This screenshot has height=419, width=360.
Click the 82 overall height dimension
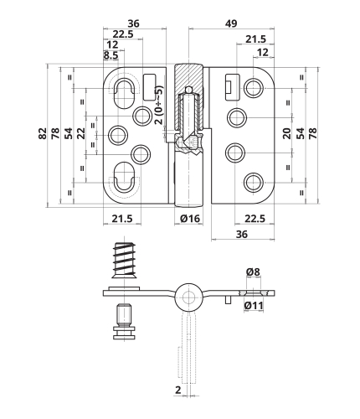coord(42,133)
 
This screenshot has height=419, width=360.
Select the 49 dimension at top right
coord(231,23)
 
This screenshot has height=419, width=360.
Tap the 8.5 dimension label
coord(111,55)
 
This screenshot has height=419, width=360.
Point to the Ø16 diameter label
coord(190,219)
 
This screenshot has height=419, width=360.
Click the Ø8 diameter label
coord(253,272)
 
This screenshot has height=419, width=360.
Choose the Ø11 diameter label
coord(254,305)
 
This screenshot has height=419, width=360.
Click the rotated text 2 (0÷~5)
coord(158,105)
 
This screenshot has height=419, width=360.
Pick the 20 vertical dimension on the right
coord(287,133)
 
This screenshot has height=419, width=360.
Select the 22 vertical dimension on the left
coord(81,133)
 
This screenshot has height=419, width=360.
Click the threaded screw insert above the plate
coord(124,260)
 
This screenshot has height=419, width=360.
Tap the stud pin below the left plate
coord(125,322)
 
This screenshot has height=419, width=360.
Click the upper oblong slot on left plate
coord(124,94)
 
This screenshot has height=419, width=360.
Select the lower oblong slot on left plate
coord(124,177)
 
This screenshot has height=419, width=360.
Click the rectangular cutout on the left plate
coord(149,87)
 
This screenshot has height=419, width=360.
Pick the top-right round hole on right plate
coord(254,88)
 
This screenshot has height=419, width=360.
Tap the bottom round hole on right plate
coord(254,183)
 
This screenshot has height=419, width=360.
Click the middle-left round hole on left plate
coord(117,135)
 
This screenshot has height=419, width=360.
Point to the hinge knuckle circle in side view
coord(189,297)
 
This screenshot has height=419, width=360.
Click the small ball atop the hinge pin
coord(189,90)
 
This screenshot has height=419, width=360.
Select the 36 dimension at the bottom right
coord(242,234)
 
